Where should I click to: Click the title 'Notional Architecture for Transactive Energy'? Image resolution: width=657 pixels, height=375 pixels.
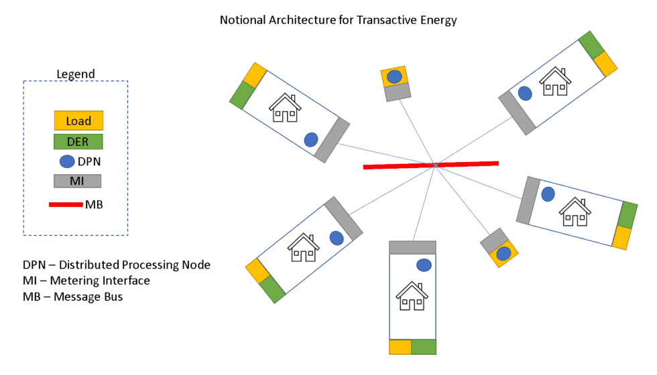pyautogui.click(x=338, y=20)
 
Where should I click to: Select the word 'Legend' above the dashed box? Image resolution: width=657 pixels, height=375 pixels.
pyautogui.click(x=75, y=74)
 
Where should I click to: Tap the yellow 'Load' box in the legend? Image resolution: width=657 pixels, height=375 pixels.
pyautogui.click(x=78, y=121)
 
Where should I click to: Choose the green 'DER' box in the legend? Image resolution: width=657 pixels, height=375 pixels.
pyautogui.click(x=78, y=141)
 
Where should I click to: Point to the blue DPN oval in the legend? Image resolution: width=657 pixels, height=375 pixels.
pyautogui.click(x=68, y=161)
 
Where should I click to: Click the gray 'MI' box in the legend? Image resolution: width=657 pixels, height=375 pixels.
pyautogui.click(x=77, y=181)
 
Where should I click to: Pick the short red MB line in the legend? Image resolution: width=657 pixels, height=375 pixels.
pyautogui.click(x=65, y=204)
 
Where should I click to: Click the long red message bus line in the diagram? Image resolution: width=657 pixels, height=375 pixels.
pyautogui.click(x=430, y=165)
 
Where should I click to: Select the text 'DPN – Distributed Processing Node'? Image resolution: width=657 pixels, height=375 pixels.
pyautogui.click(x=117, y=265)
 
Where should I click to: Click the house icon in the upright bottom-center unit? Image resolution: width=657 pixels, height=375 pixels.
pyautogui.click(x=412, y=296)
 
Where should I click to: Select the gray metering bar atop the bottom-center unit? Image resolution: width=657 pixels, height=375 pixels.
pyautogui.click(x=412, y=247)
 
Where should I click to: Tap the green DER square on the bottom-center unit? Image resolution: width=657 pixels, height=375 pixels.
pyautogui.click(x=424, y=346)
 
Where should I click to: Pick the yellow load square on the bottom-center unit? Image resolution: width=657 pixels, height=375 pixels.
pyautogui.click(x=400, y=346)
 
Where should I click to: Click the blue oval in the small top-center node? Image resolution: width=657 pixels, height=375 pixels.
pyautogui.click(x=394, y=76)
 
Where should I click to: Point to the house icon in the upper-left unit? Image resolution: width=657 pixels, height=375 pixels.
pyautogui.click(x=284, y=108)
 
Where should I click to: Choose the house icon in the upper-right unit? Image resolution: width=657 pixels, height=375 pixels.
pyautogui.click(x=556, y=82)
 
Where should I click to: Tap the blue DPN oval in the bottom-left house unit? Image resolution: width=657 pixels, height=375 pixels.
pyautogui.click(x=337, y=237)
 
